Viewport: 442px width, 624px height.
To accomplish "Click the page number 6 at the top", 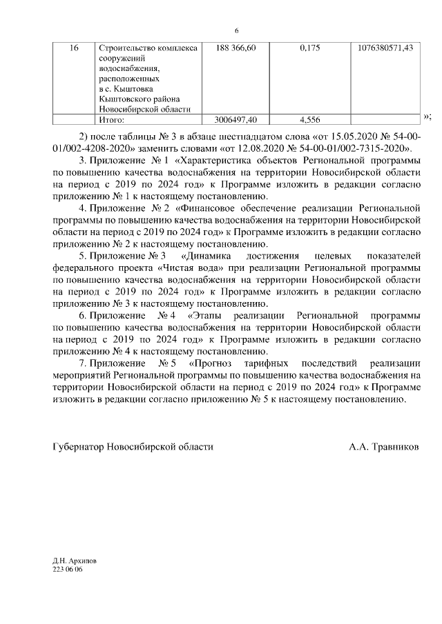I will [236, 30].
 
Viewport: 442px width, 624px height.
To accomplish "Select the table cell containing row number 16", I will [75, 48].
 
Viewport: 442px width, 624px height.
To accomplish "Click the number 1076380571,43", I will [386, 48].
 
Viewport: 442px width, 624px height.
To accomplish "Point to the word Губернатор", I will [77, 447].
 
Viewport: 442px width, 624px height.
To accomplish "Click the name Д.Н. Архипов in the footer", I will [74, 562].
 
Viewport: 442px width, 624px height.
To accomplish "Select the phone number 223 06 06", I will [67, 570].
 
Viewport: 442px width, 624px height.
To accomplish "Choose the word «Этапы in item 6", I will [205, 315].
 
